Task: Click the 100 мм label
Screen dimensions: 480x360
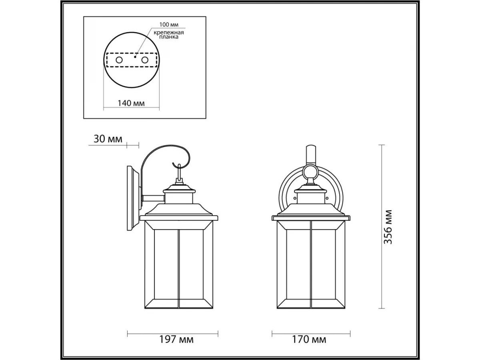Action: pyautogui.click(x=169, y=24)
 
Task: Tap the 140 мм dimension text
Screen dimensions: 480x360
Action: pyautogui.click(x=131, y=103)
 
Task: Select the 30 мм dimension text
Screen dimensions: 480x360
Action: pyautogui.click(x=108, y=139)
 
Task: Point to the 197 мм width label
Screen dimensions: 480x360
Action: pyautogui.click(x=176, y=340)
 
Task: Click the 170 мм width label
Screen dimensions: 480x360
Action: pyautogui.click(x=309, y=340)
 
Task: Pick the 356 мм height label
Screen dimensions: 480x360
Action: pyautogui.click(x=388, y=227)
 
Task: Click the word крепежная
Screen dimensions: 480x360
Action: pyautogui.click(x=169, y=33)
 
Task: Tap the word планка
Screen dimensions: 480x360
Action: pyautogui.click(x=169, y=37)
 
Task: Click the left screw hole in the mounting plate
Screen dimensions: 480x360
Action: pyautogui.click(x=119, y=60)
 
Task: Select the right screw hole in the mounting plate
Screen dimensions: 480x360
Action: pyautogui.click(x=145, y=60)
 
